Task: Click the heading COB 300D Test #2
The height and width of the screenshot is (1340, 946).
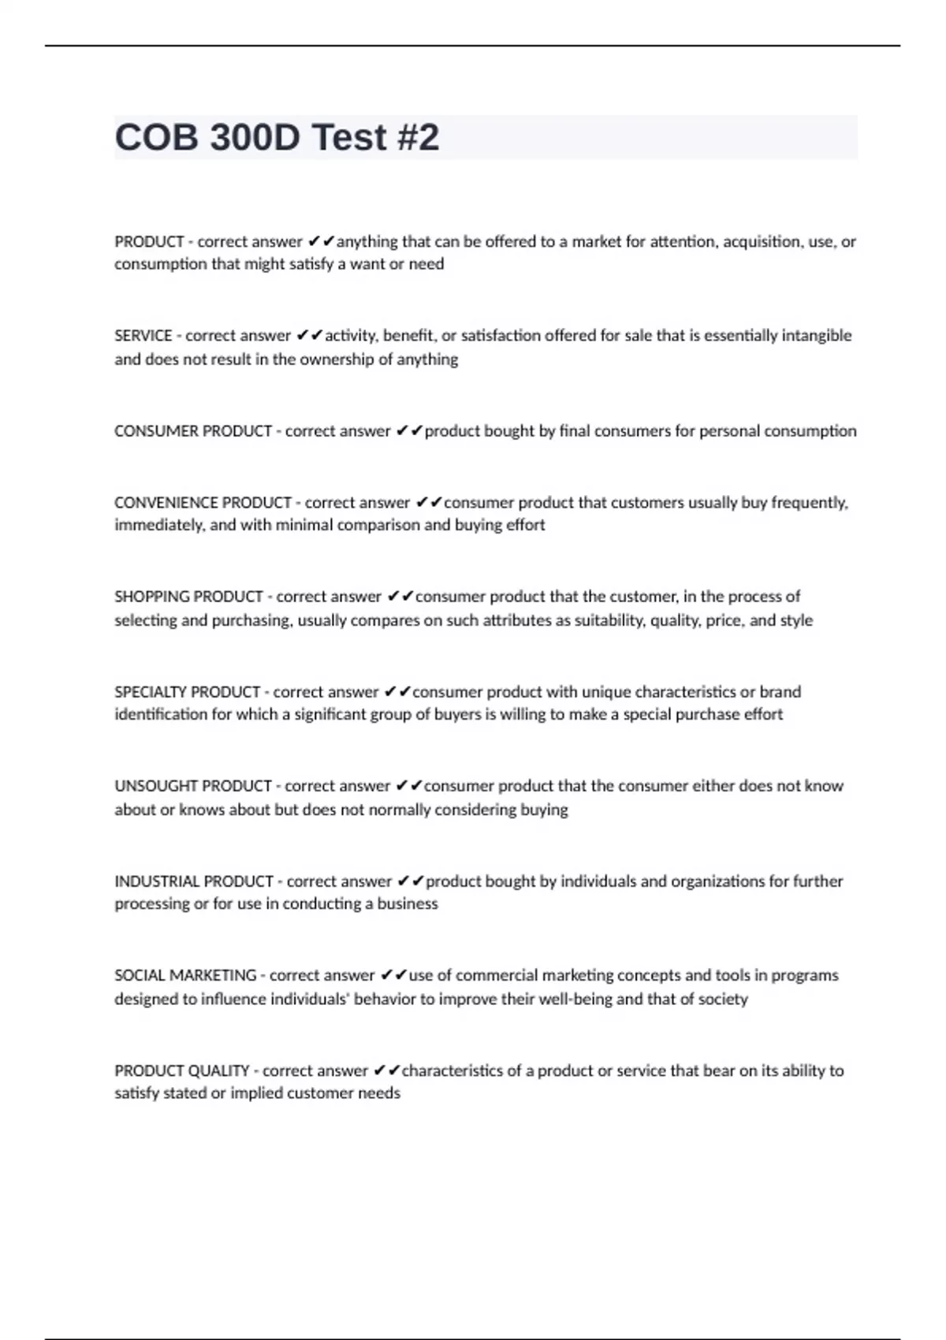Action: [277, 137]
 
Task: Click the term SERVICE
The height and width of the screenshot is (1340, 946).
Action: [143, 336]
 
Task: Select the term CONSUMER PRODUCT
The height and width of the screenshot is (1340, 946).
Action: [193, 431]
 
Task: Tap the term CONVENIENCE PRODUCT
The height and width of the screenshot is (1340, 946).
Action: [203, 503]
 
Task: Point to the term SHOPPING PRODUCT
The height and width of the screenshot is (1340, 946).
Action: [188, 597]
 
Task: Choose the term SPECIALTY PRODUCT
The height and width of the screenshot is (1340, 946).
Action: [187, 692]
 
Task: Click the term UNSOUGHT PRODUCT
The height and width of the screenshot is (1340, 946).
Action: [193, 786]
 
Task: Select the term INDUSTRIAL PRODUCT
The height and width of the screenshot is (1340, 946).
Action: [194, 881]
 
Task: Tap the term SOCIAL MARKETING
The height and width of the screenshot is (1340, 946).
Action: [185, 976]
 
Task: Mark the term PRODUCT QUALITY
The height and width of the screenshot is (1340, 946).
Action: [182, 1070]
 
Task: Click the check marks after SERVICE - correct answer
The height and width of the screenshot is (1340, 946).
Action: [310, 336]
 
